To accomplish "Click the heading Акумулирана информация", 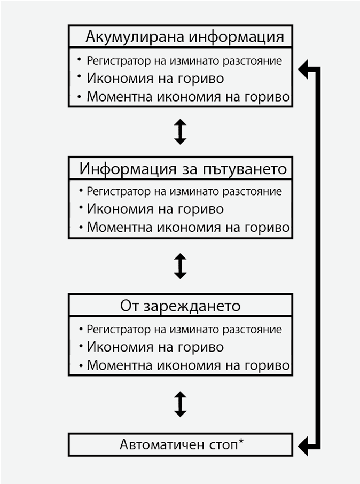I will pyautogui.click(x=184, y=37).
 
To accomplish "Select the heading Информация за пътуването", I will pyautogui.click(x=183, y=169).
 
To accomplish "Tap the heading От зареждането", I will pyautogui.click(x=180, y=307).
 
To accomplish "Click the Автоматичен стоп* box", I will pyautogui.click(x=181, y=444).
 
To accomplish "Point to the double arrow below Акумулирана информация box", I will pyautogui.click(x=181, y=131).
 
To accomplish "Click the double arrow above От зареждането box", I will pyautogui.click(x=181, y=266).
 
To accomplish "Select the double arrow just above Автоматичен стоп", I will pyautogui.click(x=181, y=404).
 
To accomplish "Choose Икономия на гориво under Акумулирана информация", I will pyautogui.click(x=155, y=78).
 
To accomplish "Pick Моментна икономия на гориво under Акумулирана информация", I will pyautogui.click(x=188, y=97).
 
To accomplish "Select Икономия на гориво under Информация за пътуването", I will pyautogui.click(x=155, y=209).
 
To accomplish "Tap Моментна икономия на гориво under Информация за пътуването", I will pyautogui.click(x=188, y=228).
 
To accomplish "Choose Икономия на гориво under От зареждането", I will pyautogui.click(x=155, y=347).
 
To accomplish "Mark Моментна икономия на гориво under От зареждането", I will pyautogui.click(x=188, y=366).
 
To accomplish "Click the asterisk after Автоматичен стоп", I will pyautogui.click(x=241, y=442).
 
